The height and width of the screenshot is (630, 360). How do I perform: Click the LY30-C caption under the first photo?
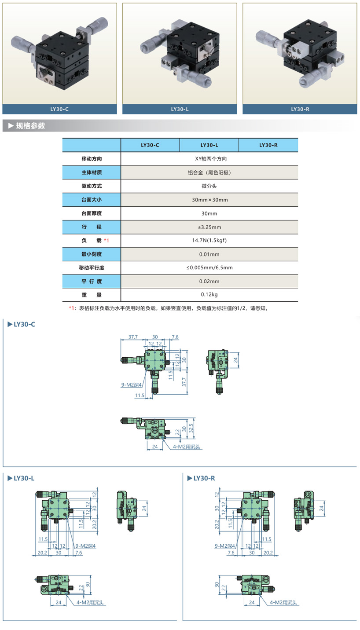pyautogui.click(x=60, y=109)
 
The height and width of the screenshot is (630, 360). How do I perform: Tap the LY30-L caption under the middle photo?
pyautogui.click(x=180, y=109)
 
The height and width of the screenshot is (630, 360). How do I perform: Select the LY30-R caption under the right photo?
pyautogui.click(x=300, y=109)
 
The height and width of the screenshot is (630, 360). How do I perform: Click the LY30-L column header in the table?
pyautogui.click(x=209, y=145)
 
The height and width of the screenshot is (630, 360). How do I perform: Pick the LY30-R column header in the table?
pyautogui.click(x=268, y=145)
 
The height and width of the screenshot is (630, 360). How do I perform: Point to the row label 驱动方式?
pyautogui.click(x=91, y=186)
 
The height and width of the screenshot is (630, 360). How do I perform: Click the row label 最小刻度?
pyautogui.click(x=91, y=254)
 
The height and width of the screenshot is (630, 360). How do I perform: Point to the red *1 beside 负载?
pyautogui.click(x=106, y=241)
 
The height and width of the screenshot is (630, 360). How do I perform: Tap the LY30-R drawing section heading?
pyautogui.click(x=203, y=478)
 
